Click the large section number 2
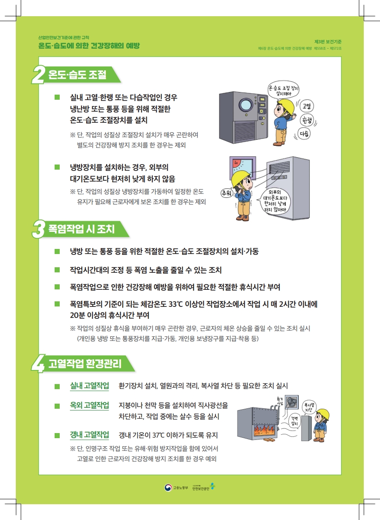tap(38, 75)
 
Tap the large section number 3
tap(38, 230)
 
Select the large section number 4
tap(38, 364)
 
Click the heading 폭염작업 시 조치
tap(81, 229)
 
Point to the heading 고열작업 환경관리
tap(85, 364)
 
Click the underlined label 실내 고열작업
tap(90, 386)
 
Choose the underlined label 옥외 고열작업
tap(90, 405)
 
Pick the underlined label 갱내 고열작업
tap(90, 435)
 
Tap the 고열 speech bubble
tap(307, 106)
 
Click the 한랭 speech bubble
tap(307, 120)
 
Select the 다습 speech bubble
tap(304, 134)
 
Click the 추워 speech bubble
tap(227, 193)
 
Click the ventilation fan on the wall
tap(291, 402)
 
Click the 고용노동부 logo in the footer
tap(176, 488)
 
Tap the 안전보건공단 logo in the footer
tap(203, 487)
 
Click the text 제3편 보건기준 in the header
tap(328, 42)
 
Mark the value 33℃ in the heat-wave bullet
tap(176, 304)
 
